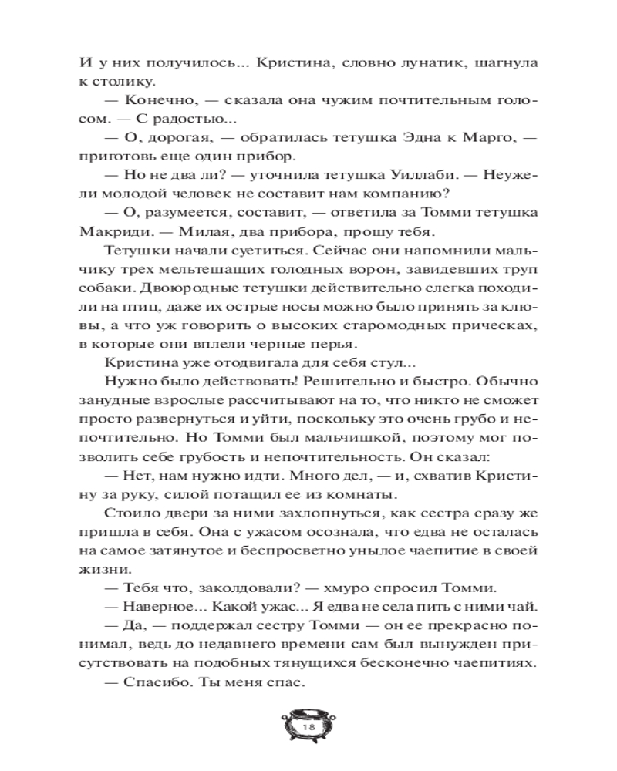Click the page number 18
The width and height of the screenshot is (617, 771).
[x=308, y=727]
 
